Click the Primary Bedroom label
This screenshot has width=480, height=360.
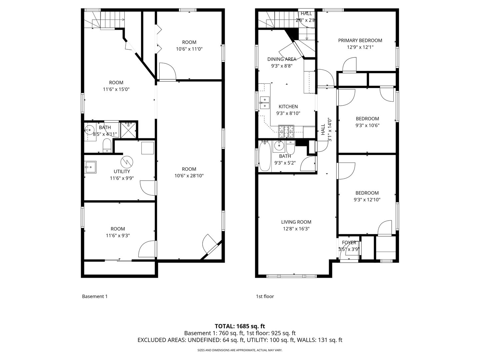click(x=360, y=40)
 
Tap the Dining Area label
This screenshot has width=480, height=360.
click(x=282, y=59)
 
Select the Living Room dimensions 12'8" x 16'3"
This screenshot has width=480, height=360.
click(x=296, y=229)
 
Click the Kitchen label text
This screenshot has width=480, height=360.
click(x=288, y=107)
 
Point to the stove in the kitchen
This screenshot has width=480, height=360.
click(x=287, y=131)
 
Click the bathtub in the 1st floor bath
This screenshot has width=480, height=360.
click(x=264, y=156)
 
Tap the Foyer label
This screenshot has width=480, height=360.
click(x=349, y=243)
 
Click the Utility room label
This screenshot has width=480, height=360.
click(x=122, y=171)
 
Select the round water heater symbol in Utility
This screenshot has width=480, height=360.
click(x=127, y=162)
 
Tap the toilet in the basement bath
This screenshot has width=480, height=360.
click(x=107, y=145)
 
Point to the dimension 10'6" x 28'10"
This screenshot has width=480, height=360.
click(x=189, y=176)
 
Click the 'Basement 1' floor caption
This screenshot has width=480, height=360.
click(x=95, y=296)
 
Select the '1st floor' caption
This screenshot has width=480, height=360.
click(x=265, y=296)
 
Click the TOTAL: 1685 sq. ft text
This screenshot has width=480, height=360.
click(x=240, y=326)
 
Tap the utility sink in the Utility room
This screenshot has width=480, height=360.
click(x=90, y=167)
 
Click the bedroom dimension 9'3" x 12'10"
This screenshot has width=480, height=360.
click(x=367, y=200)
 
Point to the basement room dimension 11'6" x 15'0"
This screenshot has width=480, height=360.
click(x=116, y=89)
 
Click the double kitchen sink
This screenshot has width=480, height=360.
click(x=265, y=102)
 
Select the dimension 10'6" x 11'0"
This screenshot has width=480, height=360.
click(x=189, y=49)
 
